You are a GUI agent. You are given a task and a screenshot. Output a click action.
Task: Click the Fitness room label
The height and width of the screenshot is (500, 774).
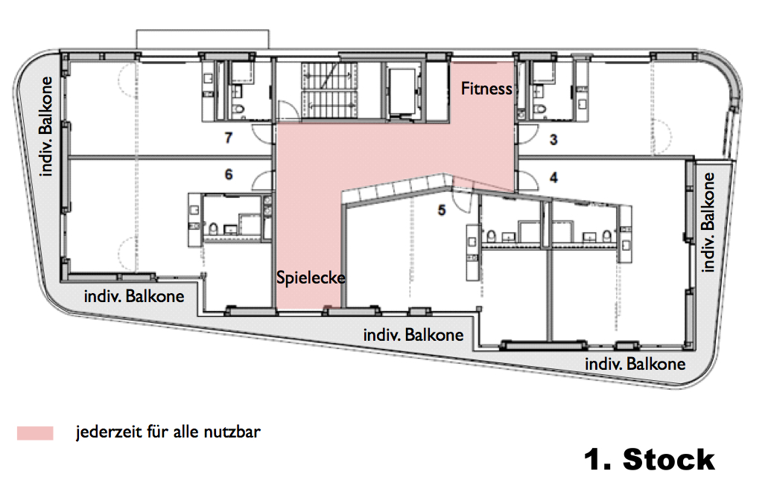click(x=486, y=89)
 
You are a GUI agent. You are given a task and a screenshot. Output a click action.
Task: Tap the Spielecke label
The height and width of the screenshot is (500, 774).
click(x=311, y=278)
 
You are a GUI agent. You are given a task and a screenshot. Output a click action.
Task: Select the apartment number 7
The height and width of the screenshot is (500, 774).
click(x=228, y=138)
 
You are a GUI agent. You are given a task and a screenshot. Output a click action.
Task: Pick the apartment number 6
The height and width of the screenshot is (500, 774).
click(x=229, y=174)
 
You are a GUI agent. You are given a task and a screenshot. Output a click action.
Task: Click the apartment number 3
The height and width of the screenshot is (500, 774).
click(x=553, y=140)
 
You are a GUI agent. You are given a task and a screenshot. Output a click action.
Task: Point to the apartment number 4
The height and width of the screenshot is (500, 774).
click(x=553, y=177)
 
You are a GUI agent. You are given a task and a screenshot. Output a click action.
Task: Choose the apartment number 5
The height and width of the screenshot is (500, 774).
click(x=442, y=210)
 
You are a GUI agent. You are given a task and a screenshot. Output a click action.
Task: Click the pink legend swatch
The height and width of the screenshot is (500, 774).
click(x=35, y=433)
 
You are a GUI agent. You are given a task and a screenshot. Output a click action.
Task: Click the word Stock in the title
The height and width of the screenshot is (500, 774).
click(x=669, y=460)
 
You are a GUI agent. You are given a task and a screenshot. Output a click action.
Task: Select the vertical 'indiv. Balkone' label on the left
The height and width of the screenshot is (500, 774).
click(x=46, y=126)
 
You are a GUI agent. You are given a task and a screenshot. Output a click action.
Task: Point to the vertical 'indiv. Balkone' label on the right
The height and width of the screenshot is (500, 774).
click(x=708, y=222)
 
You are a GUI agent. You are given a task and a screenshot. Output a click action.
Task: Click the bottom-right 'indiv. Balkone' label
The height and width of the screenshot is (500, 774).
click(x=635, y=364)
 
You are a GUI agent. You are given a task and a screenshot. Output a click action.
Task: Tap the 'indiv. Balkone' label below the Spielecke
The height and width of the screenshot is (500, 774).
click(x=413, y=336)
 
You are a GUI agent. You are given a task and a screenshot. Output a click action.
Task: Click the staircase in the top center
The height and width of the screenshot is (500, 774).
click(x=329, y=90)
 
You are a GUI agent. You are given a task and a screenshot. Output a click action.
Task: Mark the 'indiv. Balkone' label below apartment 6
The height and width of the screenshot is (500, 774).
click(x=134, y=296)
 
